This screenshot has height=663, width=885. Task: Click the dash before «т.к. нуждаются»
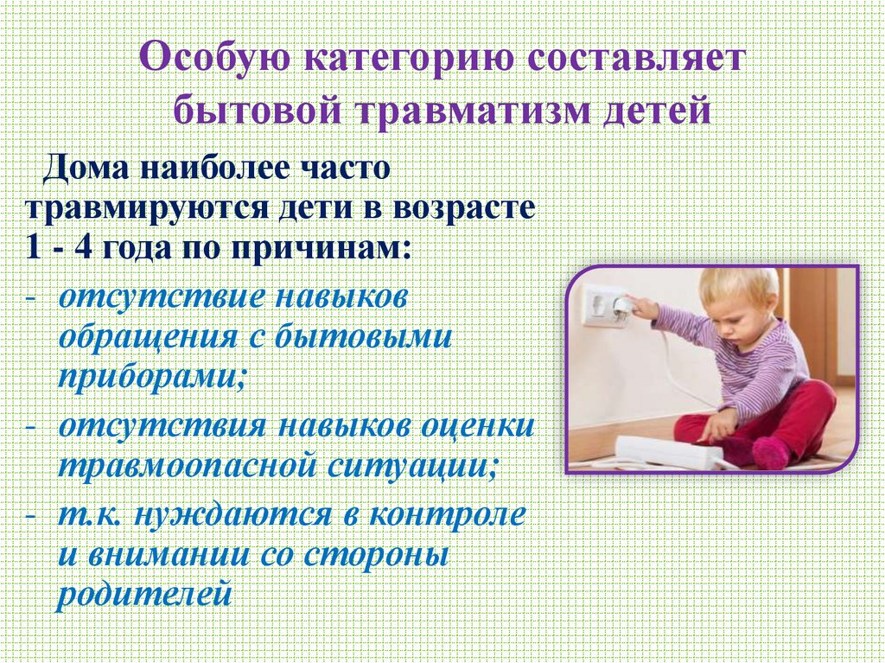click(31, 516)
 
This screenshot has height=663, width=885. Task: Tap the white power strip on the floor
click(666, 451)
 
